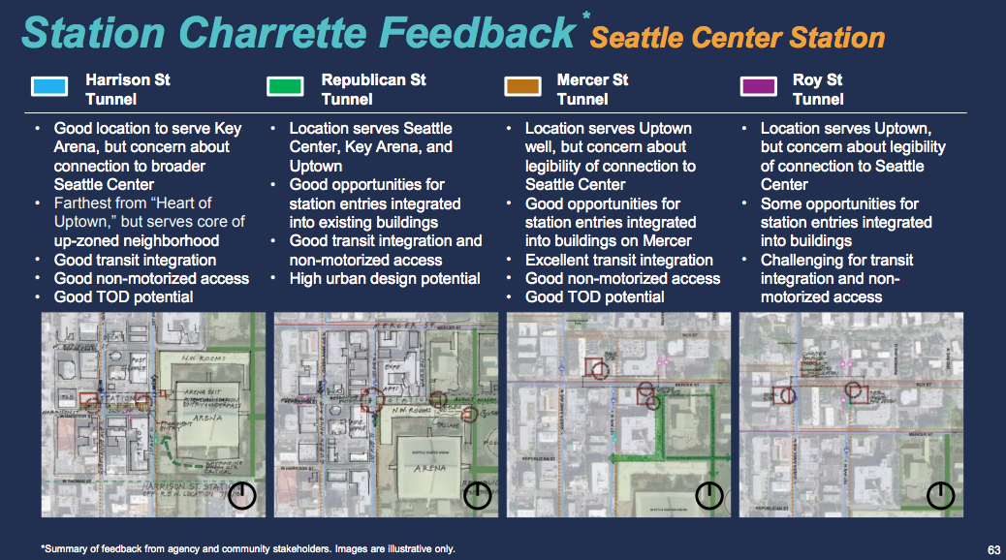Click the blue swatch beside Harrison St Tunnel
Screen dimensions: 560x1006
click(48, 87)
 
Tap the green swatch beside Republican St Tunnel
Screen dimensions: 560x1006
click(285, 87)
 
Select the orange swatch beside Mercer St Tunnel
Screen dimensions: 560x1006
click(522, 87)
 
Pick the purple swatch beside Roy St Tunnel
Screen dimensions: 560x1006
click(758, 87)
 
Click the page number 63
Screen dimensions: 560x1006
click(993, 549)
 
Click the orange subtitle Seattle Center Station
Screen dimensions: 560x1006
click(738, 38)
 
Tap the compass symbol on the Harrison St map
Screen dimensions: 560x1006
click(242, 496)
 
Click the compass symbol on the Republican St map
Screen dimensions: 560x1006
click(478, 496)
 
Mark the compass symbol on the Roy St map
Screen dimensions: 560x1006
click(941, 496)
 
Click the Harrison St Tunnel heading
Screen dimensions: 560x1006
click(127, 89)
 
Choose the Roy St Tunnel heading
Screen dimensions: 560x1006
click(818, 89)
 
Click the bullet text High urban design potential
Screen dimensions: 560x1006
click(385, 278)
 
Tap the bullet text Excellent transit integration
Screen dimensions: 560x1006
click(618, 260)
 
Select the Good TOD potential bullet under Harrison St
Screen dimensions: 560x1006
click(123, 296)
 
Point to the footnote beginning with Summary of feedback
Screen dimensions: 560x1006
click(248, 549)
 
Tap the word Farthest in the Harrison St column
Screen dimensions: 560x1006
click(84, 203)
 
